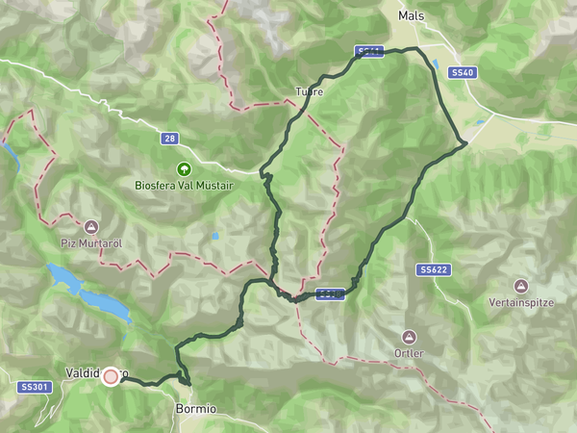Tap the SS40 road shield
coord(464,72)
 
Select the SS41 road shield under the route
coord(368,53)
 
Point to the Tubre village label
coord(309,92)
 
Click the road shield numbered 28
coord(169,140)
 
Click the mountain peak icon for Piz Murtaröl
coord(90,227)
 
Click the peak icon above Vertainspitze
coord(520,287)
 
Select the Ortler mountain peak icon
coord(409,337)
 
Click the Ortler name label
coord(409,353)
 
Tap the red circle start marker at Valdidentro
coord(111,376)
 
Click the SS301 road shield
coord(34,387)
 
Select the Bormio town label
coord(195,409)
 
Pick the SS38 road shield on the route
coord(330,293)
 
